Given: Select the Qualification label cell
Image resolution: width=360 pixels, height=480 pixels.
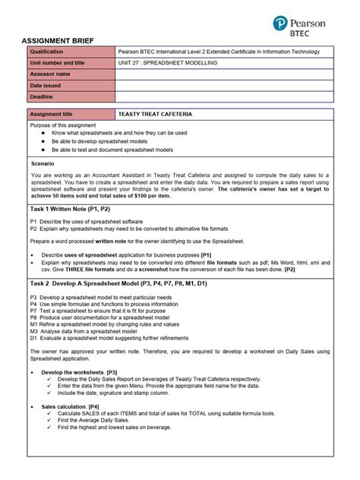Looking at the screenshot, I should point(71,52).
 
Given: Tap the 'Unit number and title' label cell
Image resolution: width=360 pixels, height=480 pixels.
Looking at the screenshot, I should point(71,63).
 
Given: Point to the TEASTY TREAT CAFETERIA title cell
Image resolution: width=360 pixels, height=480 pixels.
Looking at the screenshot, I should point(156,114).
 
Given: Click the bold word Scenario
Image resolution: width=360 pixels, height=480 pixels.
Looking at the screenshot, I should point(42,163).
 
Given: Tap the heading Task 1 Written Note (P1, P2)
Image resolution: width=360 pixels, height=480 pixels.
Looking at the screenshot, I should point(71,208).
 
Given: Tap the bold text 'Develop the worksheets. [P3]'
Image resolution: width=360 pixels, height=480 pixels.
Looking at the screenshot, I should point(79,372).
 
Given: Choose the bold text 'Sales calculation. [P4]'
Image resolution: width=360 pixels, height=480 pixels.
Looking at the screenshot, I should point(74,406).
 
